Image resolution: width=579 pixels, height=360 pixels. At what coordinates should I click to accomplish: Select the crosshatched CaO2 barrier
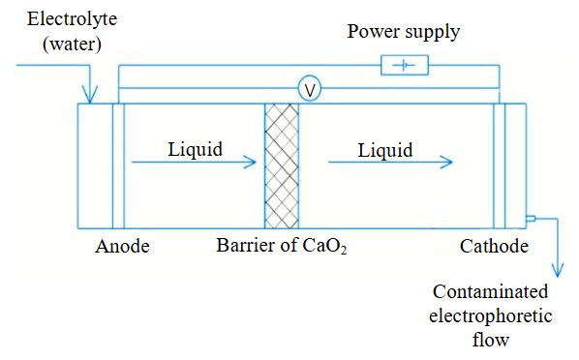[x=282, y=166]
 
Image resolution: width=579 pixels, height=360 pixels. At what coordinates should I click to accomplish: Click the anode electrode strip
[x=118, y=166]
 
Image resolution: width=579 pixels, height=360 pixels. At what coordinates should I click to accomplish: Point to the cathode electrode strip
[x=500, y=166]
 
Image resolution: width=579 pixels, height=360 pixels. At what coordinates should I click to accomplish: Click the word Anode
[x=122, y=246]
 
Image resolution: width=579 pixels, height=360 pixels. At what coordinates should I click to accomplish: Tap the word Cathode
[x=494, y=246]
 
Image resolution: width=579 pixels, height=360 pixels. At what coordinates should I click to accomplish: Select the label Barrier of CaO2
[x=282, y=246]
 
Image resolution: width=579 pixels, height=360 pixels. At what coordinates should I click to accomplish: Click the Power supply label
[x=404, y=32]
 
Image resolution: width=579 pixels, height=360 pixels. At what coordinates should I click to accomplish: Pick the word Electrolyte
[x=72, y=19]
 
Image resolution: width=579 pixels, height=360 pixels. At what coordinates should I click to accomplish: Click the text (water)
[x=72, y=45]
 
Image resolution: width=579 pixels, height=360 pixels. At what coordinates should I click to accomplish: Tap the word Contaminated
[x=490, y=291]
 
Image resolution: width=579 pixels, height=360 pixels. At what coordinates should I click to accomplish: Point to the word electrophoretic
[x=490, y=316]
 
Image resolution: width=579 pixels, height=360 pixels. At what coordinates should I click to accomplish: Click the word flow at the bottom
[x=490, y=340]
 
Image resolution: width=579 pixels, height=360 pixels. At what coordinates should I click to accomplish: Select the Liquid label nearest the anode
[x=195, y=150]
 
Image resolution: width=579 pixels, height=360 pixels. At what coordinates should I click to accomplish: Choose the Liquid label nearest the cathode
[x=385, y=150]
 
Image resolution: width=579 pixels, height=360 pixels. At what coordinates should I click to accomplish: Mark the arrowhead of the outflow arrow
[x=558, y=270]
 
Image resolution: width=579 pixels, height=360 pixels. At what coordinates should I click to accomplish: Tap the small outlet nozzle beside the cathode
[x=531, y=219]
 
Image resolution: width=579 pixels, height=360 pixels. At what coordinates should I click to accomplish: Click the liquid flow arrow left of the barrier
[x=194, y=162]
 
